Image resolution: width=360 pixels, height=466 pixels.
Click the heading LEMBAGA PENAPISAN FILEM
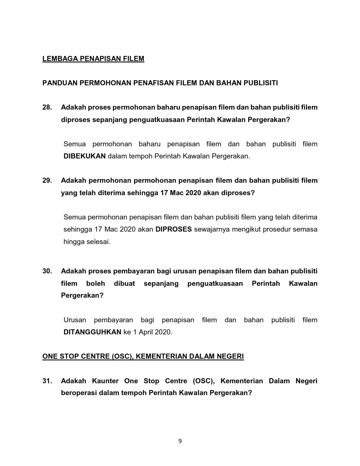pos(93,59)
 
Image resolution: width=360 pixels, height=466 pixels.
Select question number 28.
pos(47,107)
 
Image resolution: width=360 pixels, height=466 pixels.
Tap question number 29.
pos(47,180)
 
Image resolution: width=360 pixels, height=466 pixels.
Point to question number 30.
pos(47,271)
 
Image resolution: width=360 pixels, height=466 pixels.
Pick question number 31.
pos(47,381)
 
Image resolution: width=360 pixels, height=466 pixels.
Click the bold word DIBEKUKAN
pos(84,156)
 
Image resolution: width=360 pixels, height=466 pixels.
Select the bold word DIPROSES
pos(173,229)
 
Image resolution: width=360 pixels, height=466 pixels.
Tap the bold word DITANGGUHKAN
pos(92,332)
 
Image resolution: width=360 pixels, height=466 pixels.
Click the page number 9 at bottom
pos(180,441)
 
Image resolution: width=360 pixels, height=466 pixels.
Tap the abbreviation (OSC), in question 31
pos(204,381)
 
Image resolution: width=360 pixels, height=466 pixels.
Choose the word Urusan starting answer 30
pos(75,320)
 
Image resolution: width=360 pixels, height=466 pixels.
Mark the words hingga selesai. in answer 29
pos(87,242)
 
